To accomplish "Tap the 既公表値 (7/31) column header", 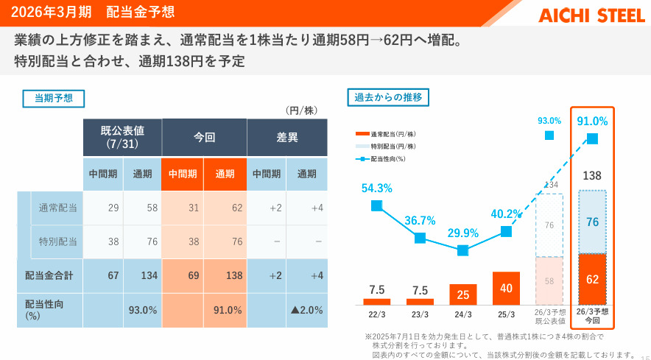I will coord(122,137).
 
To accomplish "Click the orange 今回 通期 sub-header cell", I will coord(225,174).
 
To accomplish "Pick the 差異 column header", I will coord(286,137).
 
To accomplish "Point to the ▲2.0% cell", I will coord(306,310).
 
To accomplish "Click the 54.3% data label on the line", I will coord(376,188).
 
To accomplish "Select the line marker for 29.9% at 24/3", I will coord(462,250).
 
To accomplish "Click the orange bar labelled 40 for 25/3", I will coord(506,289).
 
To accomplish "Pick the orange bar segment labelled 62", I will coord(592,279).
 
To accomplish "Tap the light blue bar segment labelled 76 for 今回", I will coord(592,222).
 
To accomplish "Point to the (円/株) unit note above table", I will coord(301,110).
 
